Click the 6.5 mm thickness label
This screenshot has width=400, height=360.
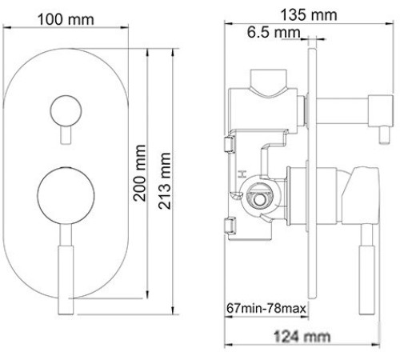pyautogui.click(x=273, y=32)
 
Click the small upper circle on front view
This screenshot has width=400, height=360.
pyautogui.click(x=63, y=109)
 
